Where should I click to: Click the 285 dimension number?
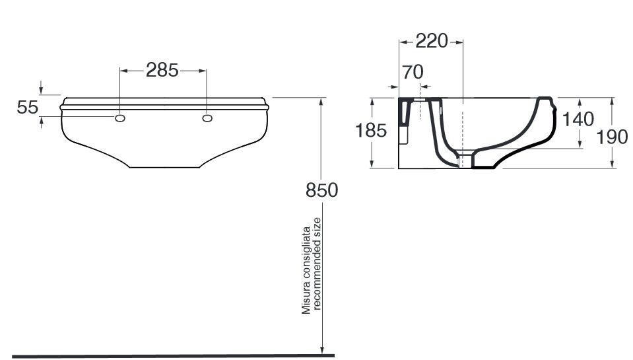point(162,70)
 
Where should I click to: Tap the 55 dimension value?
point(28,108)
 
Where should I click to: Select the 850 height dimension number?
point(321,190)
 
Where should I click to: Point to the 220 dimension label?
point(432,41)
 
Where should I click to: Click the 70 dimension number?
point(413,72)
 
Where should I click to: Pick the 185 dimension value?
point(371,131)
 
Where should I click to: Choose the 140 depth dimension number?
point(578,119)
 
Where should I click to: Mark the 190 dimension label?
point(612,137)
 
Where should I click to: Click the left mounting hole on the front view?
point(120,118)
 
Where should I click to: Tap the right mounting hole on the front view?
point(207,118)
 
